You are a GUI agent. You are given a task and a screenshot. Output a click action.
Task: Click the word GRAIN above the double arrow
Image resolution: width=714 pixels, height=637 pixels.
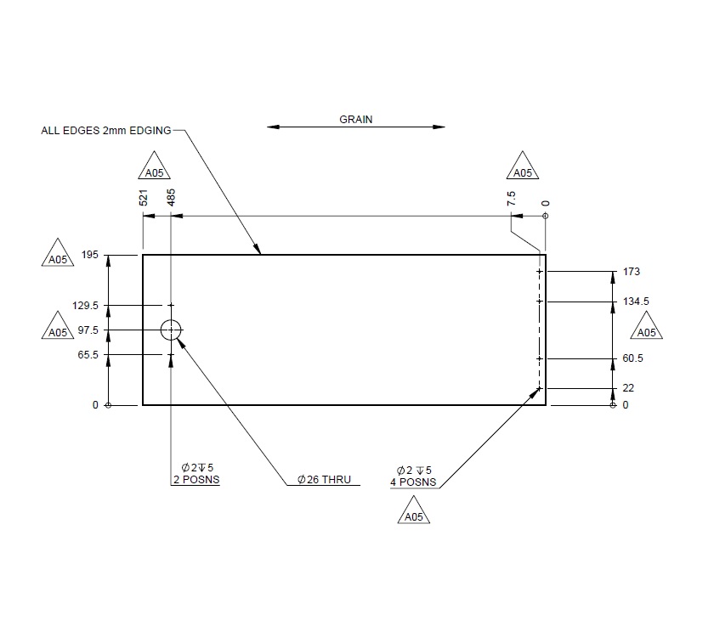(356, 120)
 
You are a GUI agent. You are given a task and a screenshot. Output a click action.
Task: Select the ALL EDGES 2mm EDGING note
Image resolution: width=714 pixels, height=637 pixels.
(106, 131)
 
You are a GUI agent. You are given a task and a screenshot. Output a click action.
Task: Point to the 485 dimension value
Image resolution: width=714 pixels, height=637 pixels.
(172, 197)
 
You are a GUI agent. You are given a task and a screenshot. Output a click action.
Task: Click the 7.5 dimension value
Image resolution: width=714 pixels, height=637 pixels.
(511, 199)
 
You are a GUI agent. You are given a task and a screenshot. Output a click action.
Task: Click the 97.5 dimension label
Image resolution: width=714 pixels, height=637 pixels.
(88, 330)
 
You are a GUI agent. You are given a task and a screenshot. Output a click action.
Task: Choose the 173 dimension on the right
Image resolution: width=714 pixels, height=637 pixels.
(631, 272)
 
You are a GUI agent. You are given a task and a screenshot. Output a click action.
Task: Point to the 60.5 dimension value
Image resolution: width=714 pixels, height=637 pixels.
(632, 358)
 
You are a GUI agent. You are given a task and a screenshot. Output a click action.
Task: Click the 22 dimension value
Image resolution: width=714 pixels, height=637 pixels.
(628, 388)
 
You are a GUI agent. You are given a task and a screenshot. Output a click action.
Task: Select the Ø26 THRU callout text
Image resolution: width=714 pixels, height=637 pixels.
(324, 480)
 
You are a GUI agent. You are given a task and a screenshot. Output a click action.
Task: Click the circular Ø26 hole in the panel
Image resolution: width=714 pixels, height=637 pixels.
(172, 330)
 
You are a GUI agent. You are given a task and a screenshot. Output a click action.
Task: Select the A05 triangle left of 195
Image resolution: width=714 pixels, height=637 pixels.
(58, 258)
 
